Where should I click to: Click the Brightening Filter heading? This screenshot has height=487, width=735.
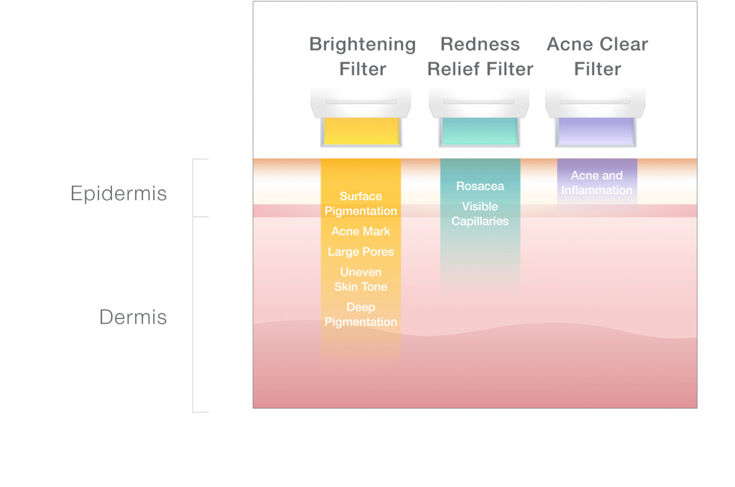tap(363, 57)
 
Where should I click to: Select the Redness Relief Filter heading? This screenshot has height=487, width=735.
tap(480, 57)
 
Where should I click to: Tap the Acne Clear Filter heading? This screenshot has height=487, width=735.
tap(597, 57)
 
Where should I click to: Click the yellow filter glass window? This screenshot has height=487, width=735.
tap(361, 131)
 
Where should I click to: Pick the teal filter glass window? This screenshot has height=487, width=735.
tap(480, 131)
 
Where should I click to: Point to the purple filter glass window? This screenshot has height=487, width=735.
tap(596, 131)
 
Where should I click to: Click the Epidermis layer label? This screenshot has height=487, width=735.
tap(118, 193)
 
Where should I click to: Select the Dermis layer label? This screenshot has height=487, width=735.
tap(133, 317)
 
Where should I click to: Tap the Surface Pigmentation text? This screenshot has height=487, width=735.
tap(361, 204)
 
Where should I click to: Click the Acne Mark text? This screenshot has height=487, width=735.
tap(361, 231)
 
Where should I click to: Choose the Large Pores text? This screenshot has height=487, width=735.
tap(361, 252)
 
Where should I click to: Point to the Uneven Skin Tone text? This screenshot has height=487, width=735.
tap(361, 279)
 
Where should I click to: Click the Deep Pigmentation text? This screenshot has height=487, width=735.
tap(361, 314)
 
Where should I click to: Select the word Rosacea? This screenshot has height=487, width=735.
tap(480, 186)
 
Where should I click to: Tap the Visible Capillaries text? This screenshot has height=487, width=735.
tap(480, 214)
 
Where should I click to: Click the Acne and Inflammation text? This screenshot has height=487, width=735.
tap(597, 183)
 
